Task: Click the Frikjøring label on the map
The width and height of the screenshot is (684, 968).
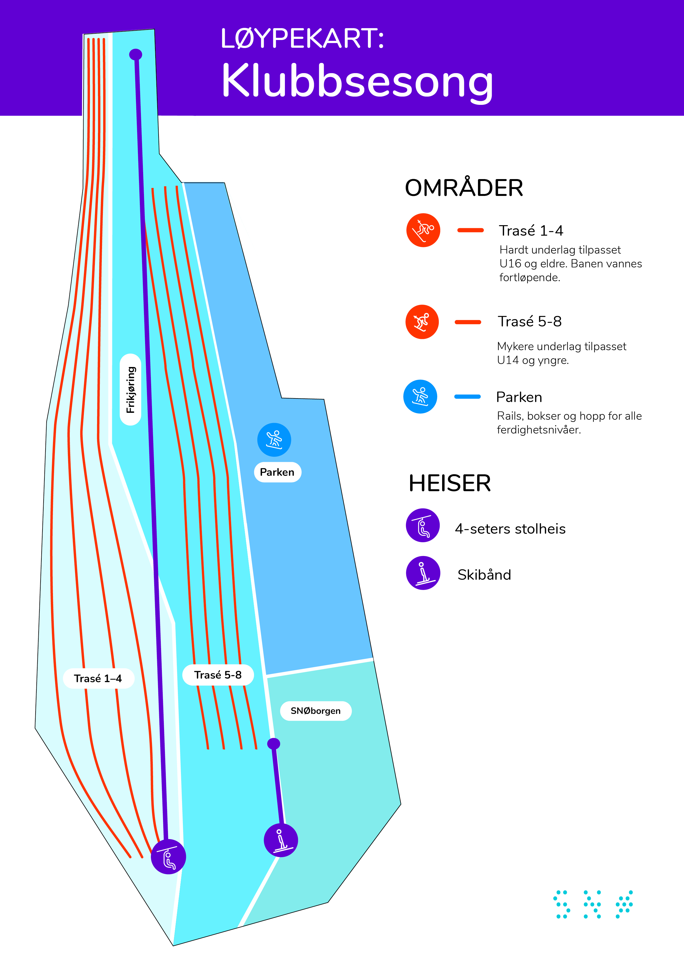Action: point(131,390)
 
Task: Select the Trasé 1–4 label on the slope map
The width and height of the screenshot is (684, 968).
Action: point(98,678)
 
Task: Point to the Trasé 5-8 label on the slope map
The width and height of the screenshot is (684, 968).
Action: point(218,675)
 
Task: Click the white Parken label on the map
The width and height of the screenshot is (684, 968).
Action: point(277,472)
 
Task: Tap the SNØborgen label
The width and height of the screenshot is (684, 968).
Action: point(316,711)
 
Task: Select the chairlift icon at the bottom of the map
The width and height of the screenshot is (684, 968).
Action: point(169,857)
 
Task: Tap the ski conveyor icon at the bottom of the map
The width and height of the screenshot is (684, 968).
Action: point(281,840)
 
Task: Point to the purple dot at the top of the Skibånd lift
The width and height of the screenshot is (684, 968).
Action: point(274,744)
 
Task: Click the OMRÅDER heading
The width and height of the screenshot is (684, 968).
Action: point(464,188)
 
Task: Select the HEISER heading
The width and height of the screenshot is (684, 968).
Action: point(450,483)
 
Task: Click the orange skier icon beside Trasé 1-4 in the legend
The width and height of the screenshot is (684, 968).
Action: point(423,230)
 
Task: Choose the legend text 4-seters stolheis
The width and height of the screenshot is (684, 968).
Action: point(510,529)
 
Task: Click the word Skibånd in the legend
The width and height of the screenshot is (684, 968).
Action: point(484,575)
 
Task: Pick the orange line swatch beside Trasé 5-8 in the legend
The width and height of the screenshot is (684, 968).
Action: point(468,322)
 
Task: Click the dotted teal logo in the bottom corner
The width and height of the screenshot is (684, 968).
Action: point(593,904)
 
